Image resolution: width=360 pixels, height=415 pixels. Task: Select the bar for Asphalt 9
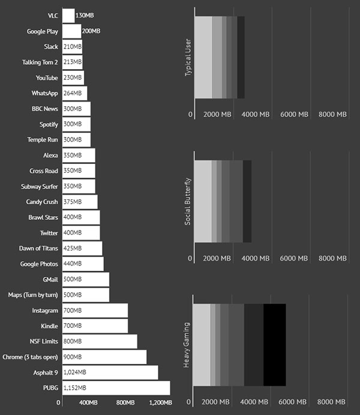[110, 372]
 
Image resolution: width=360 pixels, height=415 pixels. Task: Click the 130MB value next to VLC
[85, 15]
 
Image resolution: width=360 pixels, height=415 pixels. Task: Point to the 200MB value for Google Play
[91, 31]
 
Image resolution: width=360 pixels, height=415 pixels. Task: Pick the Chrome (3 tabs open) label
[31, 357]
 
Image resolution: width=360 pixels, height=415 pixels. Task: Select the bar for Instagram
[95, 310]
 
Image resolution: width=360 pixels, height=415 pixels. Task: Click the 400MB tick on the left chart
[89, 402]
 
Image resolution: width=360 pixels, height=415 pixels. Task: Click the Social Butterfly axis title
[188, 201]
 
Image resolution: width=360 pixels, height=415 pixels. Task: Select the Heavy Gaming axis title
[188, 345]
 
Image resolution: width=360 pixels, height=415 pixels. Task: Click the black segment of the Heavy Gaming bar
[274, 345]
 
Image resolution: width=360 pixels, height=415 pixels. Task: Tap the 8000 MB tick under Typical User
[333, 115]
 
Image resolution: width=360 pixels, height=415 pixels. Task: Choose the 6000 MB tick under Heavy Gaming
[294, 402]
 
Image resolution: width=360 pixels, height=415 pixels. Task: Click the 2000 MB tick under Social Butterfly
[217, 258]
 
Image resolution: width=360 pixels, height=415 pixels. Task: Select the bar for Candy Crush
[80, 202]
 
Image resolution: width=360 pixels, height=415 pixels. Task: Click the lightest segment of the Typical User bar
[203, 57]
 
